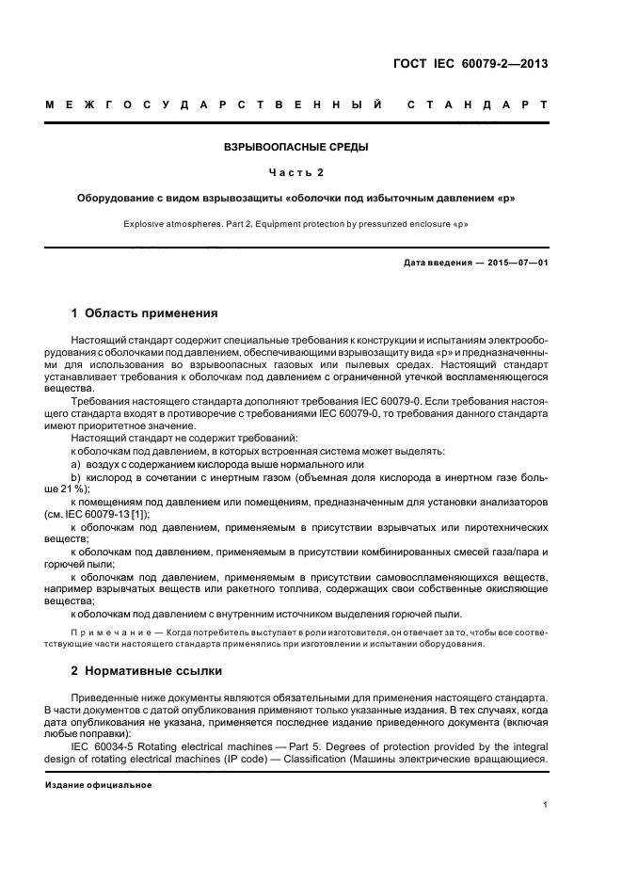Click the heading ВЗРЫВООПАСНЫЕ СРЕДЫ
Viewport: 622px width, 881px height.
point(295,148)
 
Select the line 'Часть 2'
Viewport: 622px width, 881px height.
point(295,173)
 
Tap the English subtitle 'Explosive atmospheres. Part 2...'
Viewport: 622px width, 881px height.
point(295,226)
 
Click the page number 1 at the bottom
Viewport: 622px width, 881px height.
point(546,806)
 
